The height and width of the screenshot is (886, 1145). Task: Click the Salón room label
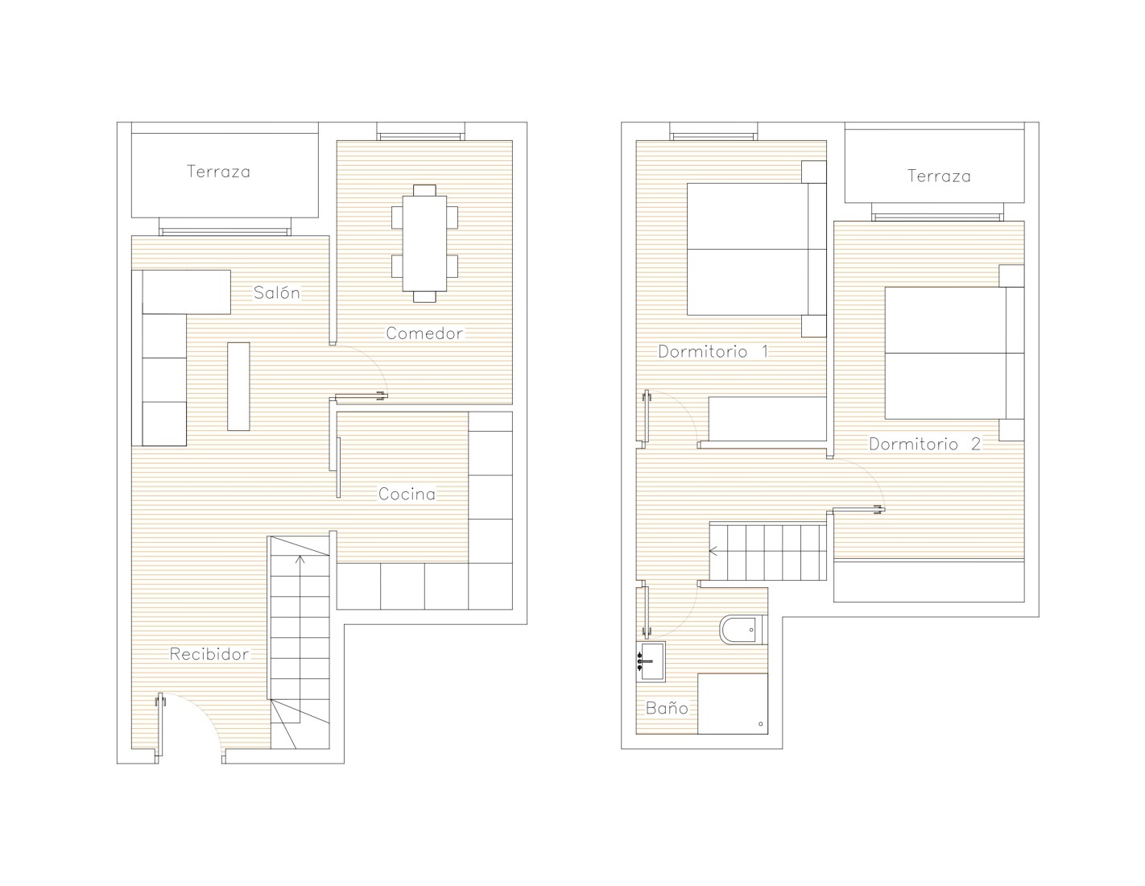(277, 292)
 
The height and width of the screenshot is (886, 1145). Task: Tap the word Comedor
(424, 333)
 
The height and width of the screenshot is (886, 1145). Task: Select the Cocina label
(407, 494)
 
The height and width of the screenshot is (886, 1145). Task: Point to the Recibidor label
(209, 654)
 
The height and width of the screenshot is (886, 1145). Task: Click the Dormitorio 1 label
(713, 351)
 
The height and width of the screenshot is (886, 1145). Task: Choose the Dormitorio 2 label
(924, 445)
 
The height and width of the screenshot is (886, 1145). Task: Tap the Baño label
(667, 708)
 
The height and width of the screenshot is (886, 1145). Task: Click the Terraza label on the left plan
(219, 172)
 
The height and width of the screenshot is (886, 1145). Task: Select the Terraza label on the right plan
(939, 176)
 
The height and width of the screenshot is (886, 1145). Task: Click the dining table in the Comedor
(424, 243)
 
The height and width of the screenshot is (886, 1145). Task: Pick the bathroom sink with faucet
(651, 661)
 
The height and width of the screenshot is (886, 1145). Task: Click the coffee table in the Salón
(238, 387)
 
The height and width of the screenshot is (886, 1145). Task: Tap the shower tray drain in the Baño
(760, 723)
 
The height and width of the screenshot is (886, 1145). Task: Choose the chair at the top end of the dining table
(424, 190)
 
